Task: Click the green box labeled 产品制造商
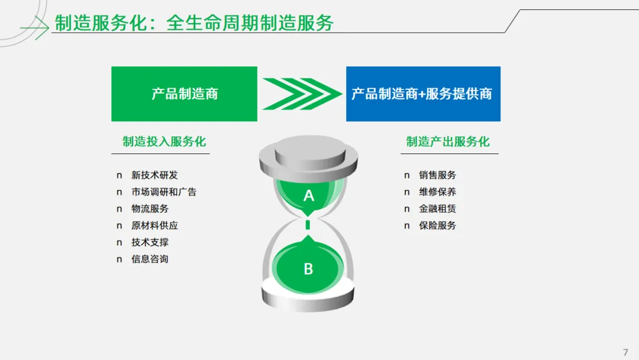(184, 94)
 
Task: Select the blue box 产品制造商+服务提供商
(423, 94)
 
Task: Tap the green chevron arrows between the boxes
(302, 94)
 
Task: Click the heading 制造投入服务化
(164, 142)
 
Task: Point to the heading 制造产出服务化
(448, 142)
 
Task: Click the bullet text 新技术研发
(154, 175)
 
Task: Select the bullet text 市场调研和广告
(164, 192)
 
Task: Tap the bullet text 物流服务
(150, 208)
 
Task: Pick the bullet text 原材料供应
(154, 226)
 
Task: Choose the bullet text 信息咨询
(150, 259)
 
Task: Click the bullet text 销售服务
(437, 175)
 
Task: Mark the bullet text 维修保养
(437, 192)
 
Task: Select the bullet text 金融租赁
(437, 208)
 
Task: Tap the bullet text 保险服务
(437, 226)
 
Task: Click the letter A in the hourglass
(308, 195)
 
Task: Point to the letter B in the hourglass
(308, 269)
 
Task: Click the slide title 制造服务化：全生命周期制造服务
(194, 23)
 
